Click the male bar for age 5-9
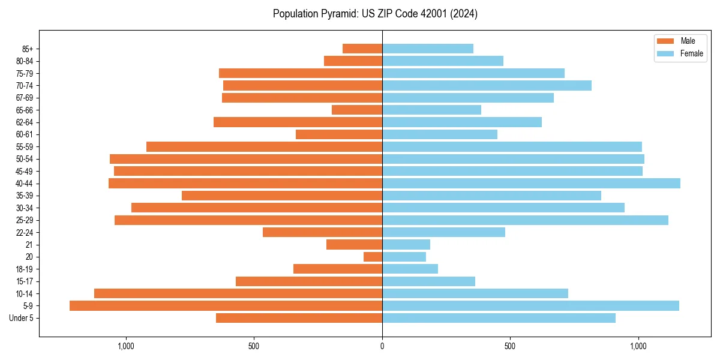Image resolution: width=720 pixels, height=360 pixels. coord(226,305)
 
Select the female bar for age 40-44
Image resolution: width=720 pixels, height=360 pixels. coord(531,183)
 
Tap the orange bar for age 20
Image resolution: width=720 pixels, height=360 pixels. coord(373,257)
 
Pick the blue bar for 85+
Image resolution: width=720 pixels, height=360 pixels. coord(428,49)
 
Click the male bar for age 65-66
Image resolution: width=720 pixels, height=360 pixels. coord(357,110)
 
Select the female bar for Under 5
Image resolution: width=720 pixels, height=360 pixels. coord(499,318)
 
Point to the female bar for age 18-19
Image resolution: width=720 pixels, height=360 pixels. coord(410,269)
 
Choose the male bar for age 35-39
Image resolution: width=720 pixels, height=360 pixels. coord(282,196)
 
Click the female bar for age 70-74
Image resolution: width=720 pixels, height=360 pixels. coord(487,85)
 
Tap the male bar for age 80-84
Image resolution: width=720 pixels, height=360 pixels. coord(353,61)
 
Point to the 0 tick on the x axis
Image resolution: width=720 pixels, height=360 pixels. coord(382,346)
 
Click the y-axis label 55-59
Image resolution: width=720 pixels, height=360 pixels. coord(25,146)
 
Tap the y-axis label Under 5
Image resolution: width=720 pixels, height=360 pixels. coord(21,318)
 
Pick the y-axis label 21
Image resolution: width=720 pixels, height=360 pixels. coord(29,244)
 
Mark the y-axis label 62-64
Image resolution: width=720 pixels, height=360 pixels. coord(25,122)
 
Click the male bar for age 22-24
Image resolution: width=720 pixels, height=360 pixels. coord(322,232)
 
